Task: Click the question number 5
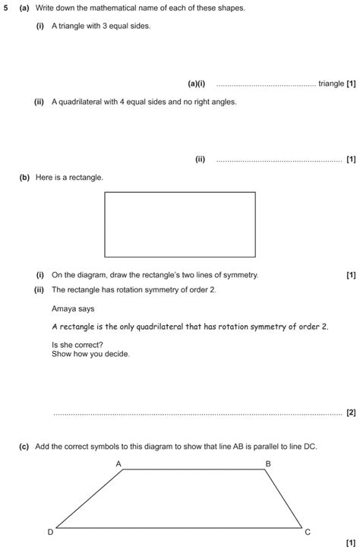pyautogui.click(x=5, y=7)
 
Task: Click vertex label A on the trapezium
pyautogui.click(x=118, y=463)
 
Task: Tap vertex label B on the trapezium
pyautogui.click(x=267, y=463)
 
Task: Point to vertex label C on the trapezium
pyautogui.click(x=308, y=532)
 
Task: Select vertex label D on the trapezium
pyautogui.click(x=51, y=532)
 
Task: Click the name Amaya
pyautogui.click(x=63, y=309)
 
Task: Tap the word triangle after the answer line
pyautogui.click(x=331, y=84)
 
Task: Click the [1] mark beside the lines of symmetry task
pyautogui.click(x=350, y=275)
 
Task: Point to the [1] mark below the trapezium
pyautogui.click(x=350, y=543)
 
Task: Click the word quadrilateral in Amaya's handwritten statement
pyautogui.click(x=174, y=327)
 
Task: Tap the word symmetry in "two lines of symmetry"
pyautogui.click(x=242, y=275)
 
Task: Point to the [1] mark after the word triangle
pyautogui.click(x=351, y=84)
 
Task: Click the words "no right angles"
pyautogui.click(x=208, y=102)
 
